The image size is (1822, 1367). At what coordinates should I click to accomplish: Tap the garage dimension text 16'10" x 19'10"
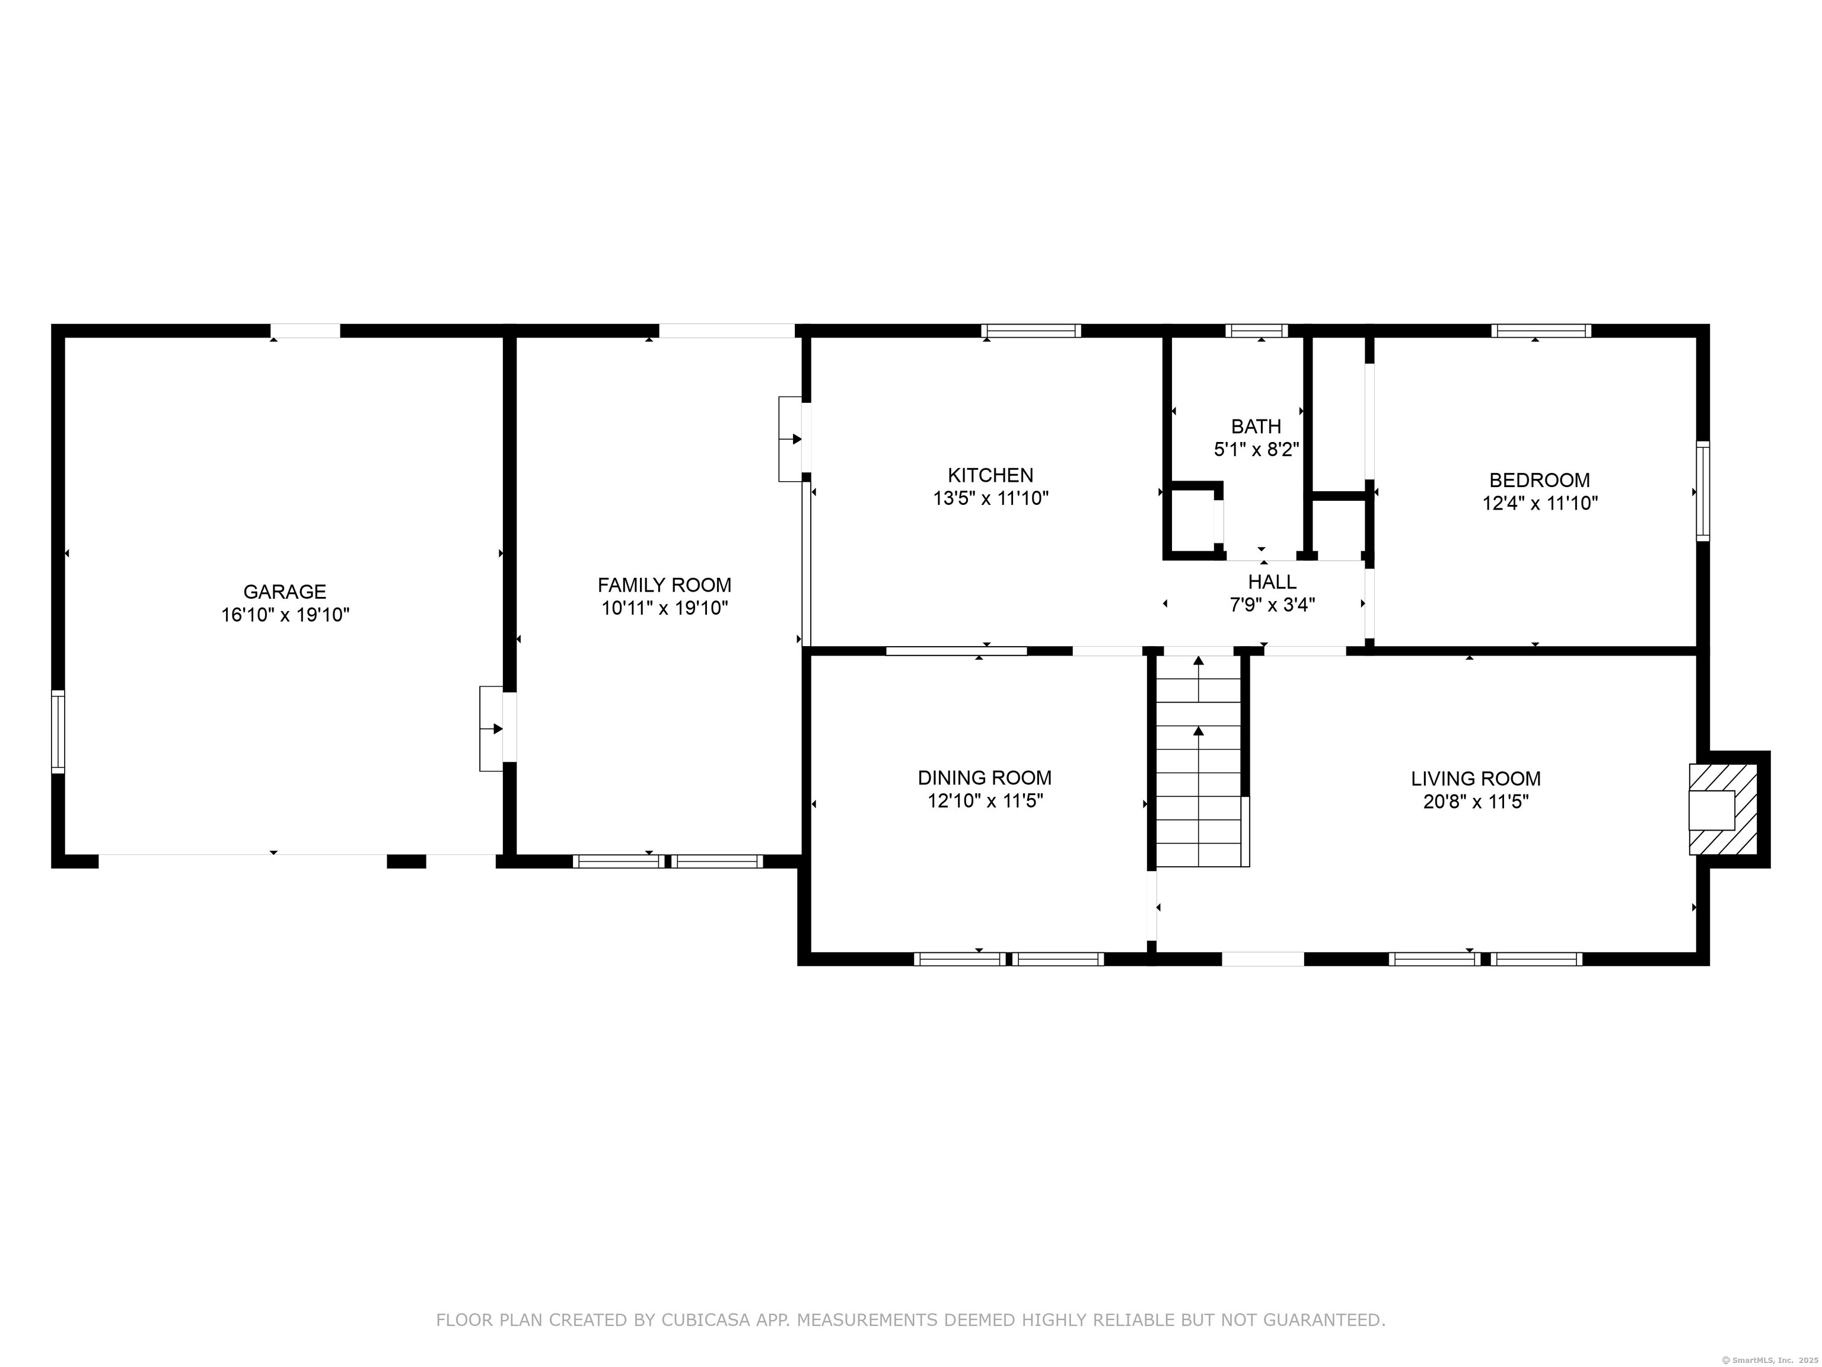tap(285, 615)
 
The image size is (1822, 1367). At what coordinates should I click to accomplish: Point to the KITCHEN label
tap(990, 475)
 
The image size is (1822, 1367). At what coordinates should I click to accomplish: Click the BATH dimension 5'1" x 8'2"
tap(1256, 450)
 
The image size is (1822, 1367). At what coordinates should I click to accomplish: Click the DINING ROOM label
tap(985, 778)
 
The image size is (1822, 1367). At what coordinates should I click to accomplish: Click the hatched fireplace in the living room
tap(1722, 809)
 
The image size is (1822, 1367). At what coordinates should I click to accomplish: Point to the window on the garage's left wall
tap(58, 732)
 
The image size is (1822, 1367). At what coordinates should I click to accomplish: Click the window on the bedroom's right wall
tap(1703, 491)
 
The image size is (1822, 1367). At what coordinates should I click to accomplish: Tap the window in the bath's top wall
tap(1256, 331)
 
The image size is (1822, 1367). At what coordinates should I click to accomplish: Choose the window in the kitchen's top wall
tap(1030, 331)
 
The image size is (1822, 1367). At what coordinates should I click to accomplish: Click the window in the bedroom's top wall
tap(1540, 331)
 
